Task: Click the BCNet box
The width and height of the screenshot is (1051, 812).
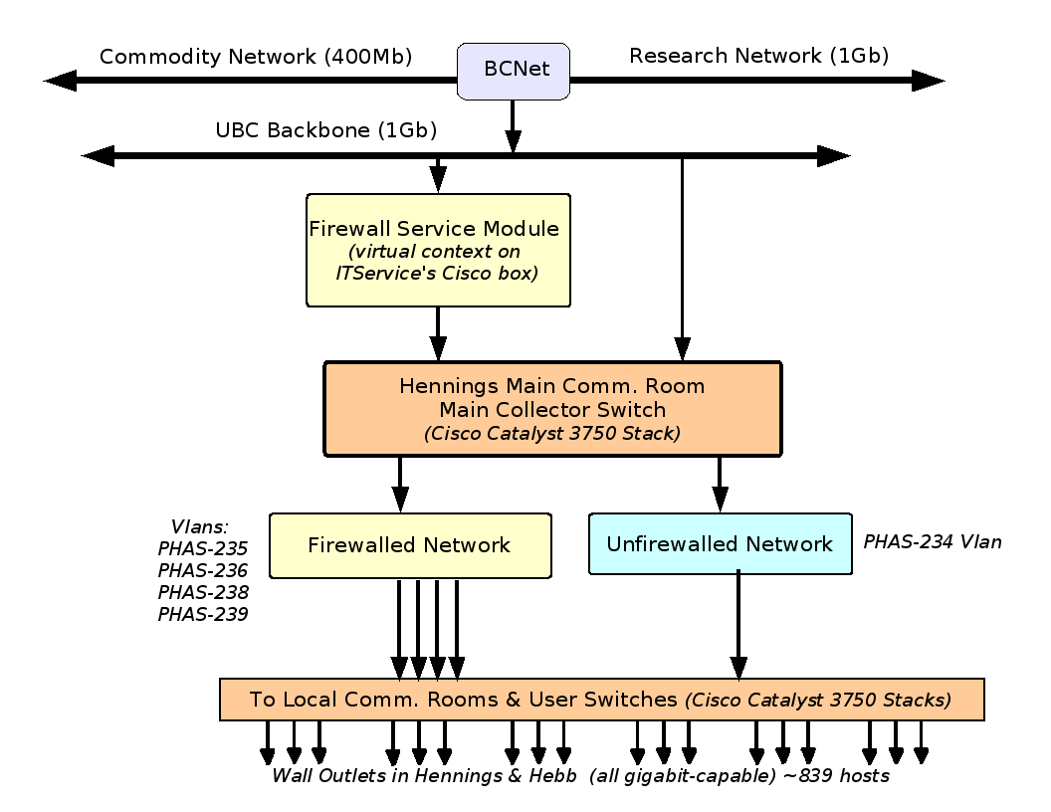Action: coord(514,71)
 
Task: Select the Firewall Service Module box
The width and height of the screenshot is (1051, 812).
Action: coord(438,250)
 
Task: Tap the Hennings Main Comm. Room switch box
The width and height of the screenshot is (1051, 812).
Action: coord(552,409)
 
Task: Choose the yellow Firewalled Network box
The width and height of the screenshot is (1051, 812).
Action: coord(410,545)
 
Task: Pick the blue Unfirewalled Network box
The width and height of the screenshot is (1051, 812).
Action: coord(720,544)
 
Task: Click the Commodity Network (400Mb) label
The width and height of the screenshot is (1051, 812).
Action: coord(256,56)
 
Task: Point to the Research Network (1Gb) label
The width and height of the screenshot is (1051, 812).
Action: coord(758,56)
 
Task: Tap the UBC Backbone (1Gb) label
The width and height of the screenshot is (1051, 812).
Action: coord(326,130)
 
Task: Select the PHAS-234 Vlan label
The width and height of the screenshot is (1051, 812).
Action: coord(932,542)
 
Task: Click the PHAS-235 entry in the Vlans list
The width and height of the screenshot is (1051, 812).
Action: coord(203,548)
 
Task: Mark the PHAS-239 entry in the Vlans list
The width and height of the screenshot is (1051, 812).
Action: coord(203,614)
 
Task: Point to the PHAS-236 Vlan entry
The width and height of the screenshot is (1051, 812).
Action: coord(203,570)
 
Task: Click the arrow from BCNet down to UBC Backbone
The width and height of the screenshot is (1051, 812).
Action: coord(513,124)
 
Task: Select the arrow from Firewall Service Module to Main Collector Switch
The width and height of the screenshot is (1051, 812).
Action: coord(438,333)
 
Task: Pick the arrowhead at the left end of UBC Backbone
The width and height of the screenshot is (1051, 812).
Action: coord(98,155)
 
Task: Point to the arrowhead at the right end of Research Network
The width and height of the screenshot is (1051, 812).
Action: coord(928,81)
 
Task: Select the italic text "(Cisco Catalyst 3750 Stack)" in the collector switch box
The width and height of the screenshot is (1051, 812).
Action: coord(552,434)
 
